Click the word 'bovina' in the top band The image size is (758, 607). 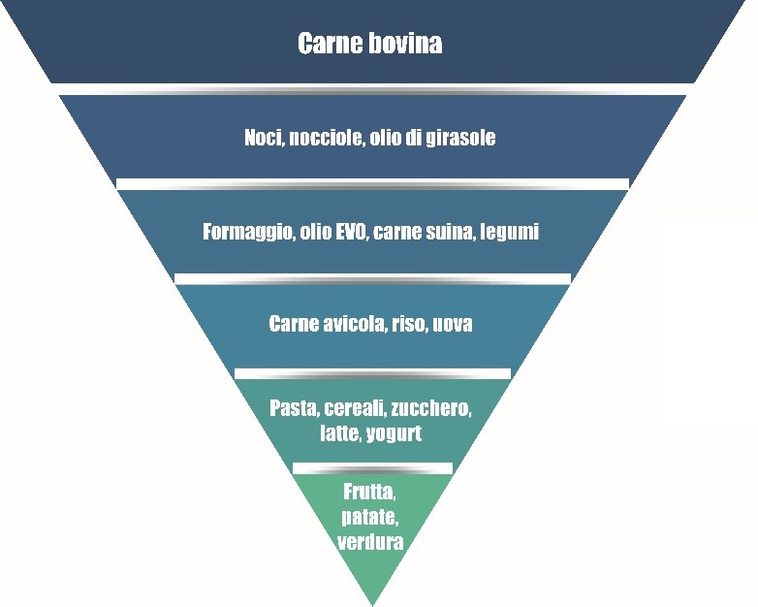[x=405, y=43]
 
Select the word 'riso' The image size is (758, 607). [x=408, y=324]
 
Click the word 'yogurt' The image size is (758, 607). [x=394, y=434]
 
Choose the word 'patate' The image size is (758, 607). [x=370, y=518]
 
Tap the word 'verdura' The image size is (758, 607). [x=370, y=542]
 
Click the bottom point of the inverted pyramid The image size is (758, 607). [x=372, y=605]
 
